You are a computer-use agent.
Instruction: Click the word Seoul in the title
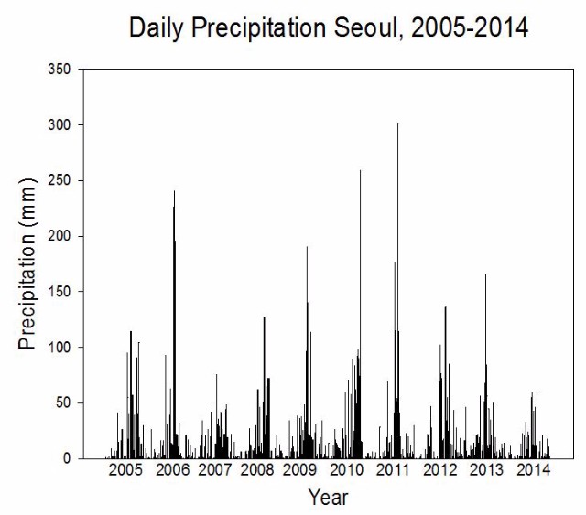click(x=368, y=27)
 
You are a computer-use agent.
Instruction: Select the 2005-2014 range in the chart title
click(x=470, y=27)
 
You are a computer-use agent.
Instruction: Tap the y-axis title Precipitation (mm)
click(x=27, y=263)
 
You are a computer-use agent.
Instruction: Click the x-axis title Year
click(x=328, y=498)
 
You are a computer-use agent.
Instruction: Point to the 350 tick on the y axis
click(x=59, y=70)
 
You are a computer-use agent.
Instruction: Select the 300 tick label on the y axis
click(x=59, y=124)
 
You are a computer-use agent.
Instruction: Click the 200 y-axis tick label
click(x=59, y=236)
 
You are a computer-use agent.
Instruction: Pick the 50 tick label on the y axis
click(x=63, y=403)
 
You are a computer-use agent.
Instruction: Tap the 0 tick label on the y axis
click(x=67, y=458)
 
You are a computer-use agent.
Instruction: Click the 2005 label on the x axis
click(x=125, y=470)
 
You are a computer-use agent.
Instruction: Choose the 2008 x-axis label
click(x=257, y=470)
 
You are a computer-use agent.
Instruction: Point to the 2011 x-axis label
click(x=393, y=470)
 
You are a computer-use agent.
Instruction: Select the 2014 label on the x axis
click(x=533, y=470)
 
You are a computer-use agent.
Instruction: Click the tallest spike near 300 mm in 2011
click(x=398, y=290)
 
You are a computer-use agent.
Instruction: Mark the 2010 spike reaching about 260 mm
click(x=360, y=314)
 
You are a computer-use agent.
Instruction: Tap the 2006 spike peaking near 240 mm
click(x=174, y=325)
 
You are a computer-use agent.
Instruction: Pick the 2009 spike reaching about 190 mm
click(x=308, y=352)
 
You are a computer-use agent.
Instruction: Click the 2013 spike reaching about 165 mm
click(x=486, y=367)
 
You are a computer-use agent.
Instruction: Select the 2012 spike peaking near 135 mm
click(x=446, y=382)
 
